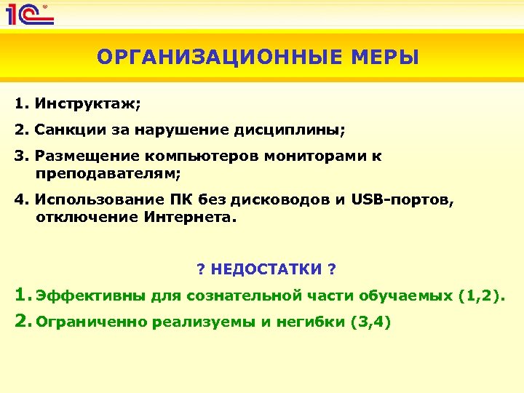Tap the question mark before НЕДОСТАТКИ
coord(201,269)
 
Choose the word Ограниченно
coord(92,322)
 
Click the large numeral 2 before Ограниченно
coord(21,320)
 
